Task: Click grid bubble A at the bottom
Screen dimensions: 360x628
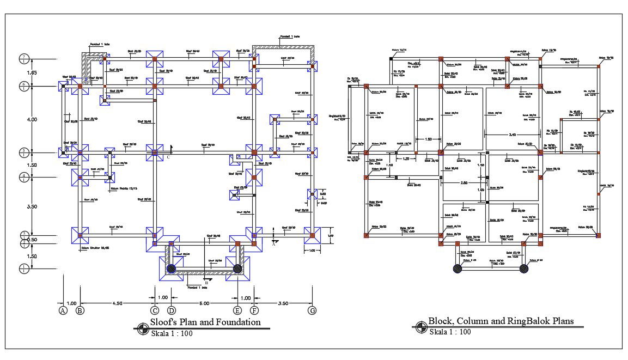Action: pyautogui.click(x=63, y=311)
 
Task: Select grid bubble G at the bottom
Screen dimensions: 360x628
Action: pyautogui.click(x=312, y=311)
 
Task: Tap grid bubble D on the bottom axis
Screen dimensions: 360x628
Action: pyautogui.click(x=172, y=311)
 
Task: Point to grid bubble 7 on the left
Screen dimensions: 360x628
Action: pyautogui.click(x=23, y=58)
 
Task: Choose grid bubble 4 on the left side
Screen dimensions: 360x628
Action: pyautogui.click(x=23, y=176)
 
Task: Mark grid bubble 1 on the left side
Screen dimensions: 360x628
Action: pyautogui.click(x=23, y=268)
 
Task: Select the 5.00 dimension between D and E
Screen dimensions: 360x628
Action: pyautogui.click(x=204, y=303)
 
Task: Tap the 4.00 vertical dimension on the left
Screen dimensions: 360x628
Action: pyautogui.click(x=32, y=119)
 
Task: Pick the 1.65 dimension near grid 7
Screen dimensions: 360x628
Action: pyautogui.click(x=32, y=72)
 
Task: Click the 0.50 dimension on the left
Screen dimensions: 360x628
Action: pyautogui.click(x=32, y=240)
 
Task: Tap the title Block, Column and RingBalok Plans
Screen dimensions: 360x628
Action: pyautogui.click(x=501, y=321)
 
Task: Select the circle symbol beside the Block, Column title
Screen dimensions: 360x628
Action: pyautogui.click(x=420, y=327)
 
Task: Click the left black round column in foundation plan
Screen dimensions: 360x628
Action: pyautogui.click(x=172, y=269)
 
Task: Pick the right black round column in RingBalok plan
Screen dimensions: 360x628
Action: pyautogui.click(x=524, y=269)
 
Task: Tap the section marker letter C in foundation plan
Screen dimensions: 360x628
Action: pyautogui.click(x=168, y=157)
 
